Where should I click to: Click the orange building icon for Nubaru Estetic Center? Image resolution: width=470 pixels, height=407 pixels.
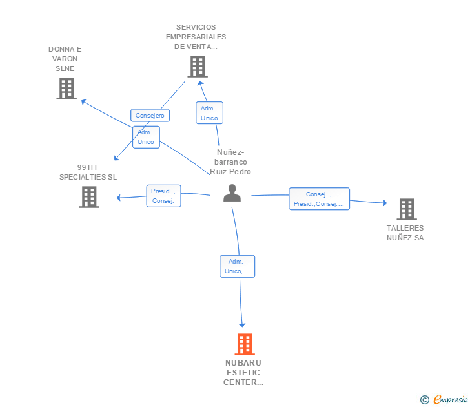pos(245,344)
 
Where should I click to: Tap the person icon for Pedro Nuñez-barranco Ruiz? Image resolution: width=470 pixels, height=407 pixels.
pos(232,193)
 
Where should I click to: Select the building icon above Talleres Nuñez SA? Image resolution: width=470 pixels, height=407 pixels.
pos(407,209)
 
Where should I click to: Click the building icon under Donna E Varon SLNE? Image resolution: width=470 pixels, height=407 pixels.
pos(66,89)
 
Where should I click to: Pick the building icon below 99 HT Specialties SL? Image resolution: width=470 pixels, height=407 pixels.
pos(89,197)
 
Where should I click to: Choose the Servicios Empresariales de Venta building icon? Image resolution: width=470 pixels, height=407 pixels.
pos(198,67)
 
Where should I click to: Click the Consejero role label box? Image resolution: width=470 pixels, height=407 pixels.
pos(150,115)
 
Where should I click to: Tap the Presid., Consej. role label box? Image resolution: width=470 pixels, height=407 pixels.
pos(164,196)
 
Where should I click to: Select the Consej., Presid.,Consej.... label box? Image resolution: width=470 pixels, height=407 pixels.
pos(319,199)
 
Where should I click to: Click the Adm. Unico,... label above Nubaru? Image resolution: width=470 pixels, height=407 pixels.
pos(238,266)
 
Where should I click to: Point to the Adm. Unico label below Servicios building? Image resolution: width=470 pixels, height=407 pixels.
pos(210,113)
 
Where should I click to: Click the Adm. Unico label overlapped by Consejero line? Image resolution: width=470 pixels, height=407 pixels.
pos(146,137)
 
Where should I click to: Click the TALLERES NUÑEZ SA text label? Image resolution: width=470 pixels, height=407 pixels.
pos(405,233)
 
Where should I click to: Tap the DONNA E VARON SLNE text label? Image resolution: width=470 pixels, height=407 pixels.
pos(65,59)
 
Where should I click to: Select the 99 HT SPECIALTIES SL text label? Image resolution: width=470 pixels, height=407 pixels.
pos(88,172)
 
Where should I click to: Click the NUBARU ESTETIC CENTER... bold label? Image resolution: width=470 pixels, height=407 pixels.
pos(243,373)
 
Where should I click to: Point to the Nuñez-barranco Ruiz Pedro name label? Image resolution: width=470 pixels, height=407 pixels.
pos(230,162)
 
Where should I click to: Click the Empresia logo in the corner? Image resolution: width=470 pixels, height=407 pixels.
pos(444,399)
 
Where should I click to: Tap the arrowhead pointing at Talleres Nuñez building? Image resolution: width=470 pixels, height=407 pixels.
pos(385,203)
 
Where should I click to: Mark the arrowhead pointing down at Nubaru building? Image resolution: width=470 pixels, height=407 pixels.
pos(242,325)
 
